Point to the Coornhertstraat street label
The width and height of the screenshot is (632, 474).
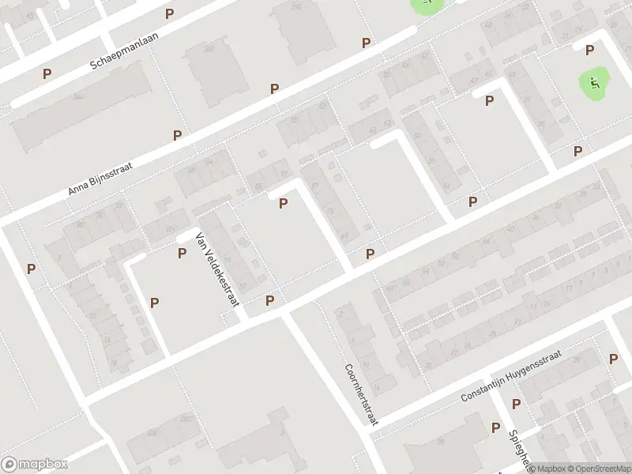coord(361,395)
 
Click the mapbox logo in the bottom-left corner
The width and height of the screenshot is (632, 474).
coord(35,465)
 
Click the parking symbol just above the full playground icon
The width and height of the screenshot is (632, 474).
coord(589,51)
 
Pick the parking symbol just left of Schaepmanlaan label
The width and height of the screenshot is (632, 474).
coord(47,73)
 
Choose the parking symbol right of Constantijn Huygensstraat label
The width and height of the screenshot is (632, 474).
coord(613,359)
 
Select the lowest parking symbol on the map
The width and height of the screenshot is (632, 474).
coord(495,427)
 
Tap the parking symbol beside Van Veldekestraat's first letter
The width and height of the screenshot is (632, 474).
coord(182,253)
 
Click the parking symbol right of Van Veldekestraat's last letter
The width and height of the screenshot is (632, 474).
coord(270,300)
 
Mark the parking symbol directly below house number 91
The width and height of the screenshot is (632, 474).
coord(283,204)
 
